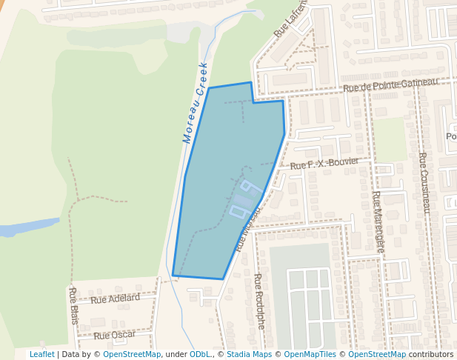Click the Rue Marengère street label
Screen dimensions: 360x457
378,222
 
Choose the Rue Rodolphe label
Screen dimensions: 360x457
258,301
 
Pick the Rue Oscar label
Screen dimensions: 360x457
115,336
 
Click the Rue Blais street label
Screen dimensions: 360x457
73,306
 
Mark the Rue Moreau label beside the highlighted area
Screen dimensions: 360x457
247,230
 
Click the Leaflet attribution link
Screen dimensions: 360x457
41,354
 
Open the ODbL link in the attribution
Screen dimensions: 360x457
200,354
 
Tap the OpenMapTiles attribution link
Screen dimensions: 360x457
310,354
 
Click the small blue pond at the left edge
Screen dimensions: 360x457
26,227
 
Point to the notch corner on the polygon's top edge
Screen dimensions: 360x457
253,102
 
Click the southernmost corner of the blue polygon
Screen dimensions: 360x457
223,279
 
